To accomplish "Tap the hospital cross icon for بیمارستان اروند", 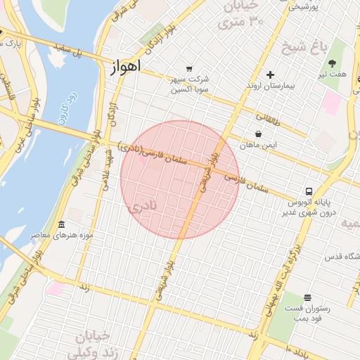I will click(x=270, y=75).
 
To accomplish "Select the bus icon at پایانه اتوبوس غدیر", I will click(x=309, y=191).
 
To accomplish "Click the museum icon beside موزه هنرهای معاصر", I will click(x=61, y=224).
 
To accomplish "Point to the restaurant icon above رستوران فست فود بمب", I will click(x=307, y=297).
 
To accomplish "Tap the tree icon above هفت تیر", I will click(x=333, y=63).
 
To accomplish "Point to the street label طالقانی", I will click(x=268, y=121).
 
